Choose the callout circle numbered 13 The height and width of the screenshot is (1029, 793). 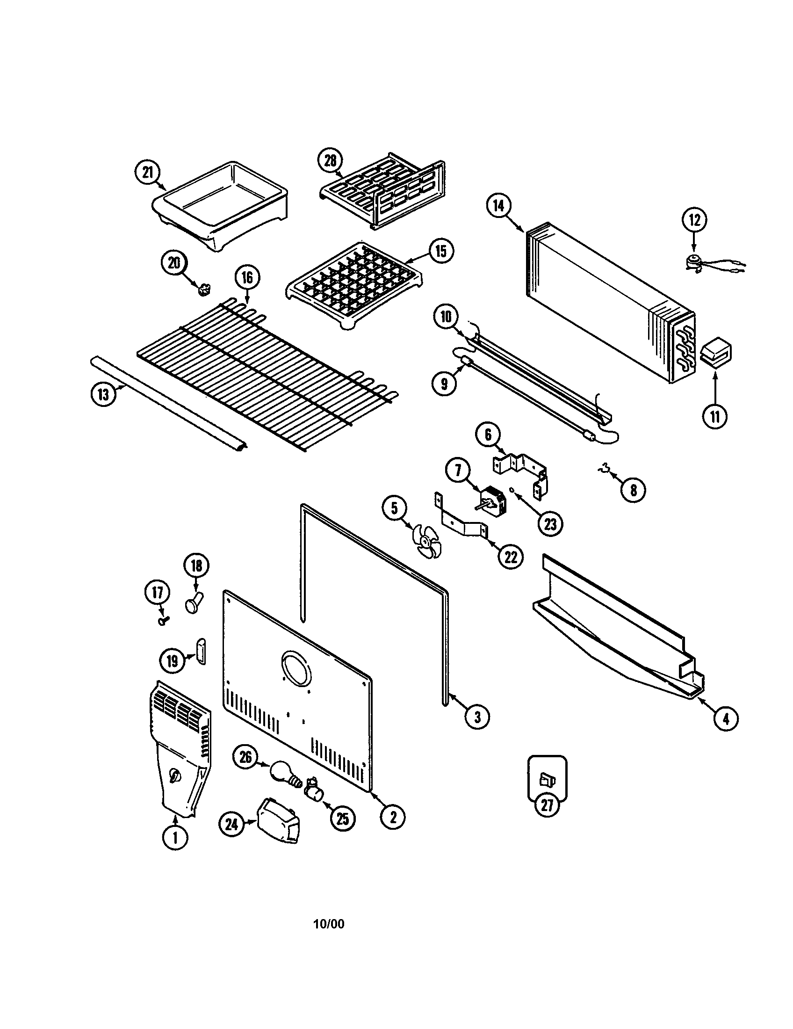[103, 394]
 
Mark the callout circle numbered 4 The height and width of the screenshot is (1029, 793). [726, 718]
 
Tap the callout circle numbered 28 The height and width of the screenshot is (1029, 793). [331, 161]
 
